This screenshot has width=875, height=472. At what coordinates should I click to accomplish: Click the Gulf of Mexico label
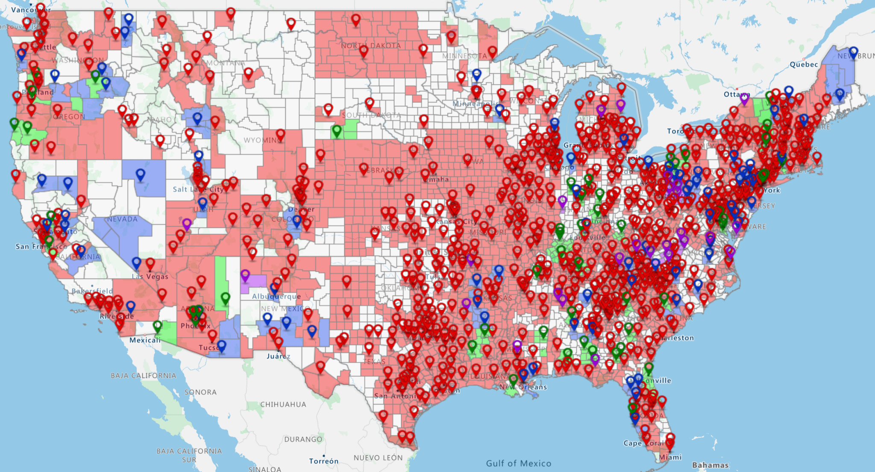(x=518, y=463)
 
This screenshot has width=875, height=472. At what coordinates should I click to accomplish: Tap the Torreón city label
(x=324, y=461)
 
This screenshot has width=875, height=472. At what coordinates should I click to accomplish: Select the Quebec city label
(x=804, y=64)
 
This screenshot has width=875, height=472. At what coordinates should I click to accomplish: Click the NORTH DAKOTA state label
(x=371, y=46)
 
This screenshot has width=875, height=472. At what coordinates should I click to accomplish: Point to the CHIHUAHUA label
(x=283, y=404)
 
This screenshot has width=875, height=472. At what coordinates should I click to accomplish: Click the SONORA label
(x=200, y=392)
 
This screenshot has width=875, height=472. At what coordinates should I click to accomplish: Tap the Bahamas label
(x=710, y=465)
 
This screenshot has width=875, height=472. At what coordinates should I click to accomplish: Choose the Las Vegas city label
(x=150, y=277)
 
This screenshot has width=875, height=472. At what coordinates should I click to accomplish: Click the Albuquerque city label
(x=276, y=296)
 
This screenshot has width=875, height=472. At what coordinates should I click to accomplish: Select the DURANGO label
(x=303, y=439)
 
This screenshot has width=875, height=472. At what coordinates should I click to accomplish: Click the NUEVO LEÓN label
(x=378, y=457)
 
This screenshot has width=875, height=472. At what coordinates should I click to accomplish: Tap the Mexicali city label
(x=145, y=340)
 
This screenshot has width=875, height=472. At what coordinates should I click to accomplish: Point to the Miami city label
(x=670, y=457)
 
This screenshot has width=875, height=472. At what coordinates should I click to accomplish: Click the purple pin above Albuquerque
(x=245, y=275)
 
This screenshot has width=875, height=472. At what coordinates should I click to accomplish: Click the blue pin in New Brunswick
(x=853, y=52)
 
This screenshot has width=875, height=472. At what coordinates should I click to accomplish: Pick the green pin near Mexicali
(x=157, y=326)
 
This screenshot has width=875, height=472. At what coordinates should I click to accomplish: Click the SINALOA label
(x=265, y=469)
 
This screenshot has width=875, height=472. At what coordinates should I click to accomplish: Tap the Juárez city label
(x=278, y=356)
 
